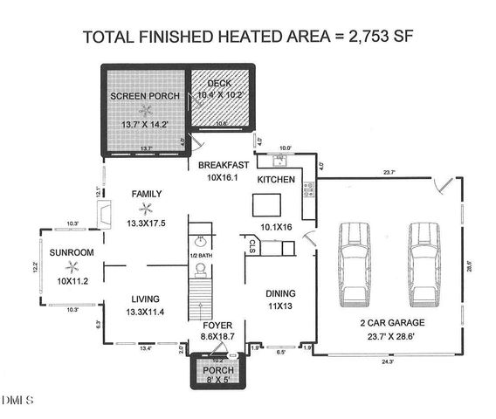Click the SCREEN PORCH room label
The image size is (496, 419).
(144, 95)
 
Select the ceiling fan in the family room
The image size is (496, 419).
(148, 208)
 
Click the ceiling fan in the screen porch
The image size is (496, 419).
(147, 110)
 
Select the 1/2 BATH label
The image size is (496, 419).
(201, 255)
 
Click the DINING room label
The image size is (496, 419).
(280, 293)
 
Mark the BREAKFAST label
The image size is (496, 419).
(224, 165)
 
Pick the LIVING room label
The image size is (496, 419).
(147, 298)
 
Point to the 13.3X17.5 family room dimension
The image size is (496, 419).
(146, 224)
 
